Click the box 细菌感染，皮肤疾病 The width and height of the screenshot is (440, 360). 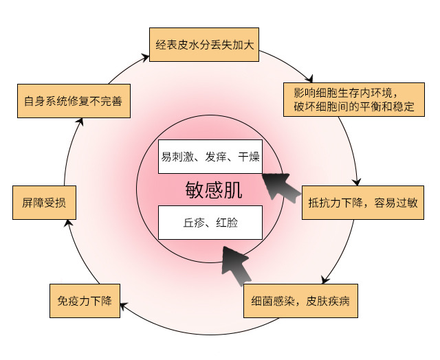(x=301, y=302)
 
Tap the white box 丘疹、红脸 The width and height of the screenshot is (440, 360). (x=210, y=223)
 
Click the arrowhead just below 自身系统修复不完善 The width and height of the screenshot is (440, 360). (x=80, y=122)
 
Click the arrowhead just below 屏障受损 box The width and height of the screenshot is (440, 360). (x=67, y=223)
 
